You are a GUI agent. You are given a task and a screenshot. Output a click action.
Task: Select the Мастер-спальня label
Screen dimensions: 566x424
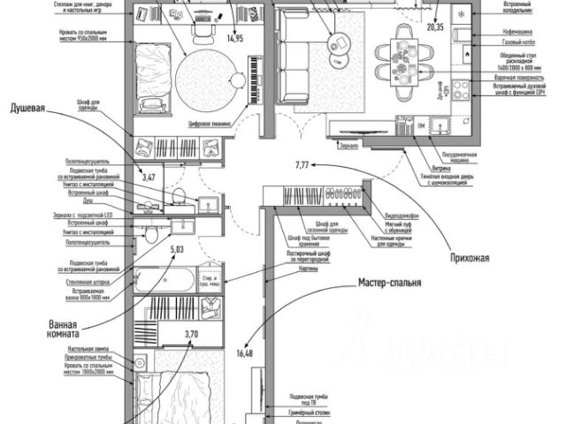point(388,284)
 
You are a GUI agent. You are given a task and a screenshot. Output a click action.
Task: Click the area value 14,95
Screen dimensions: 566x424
point(234,38)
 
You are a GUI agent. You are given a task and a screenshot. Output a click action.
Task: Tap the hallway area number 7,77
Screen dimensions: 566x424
point(304,165)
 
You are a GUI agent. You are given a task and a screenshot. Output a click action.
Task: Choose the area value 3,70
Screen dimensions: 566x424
point(191,333)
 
